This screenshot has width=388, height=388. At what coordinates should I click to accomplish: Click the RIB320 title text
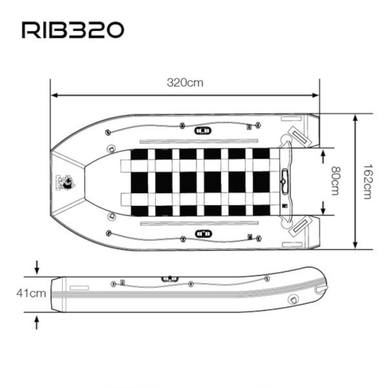click(73, 30)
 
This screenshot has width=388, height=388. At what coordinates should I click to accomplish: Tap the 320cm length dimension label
click(185, 82)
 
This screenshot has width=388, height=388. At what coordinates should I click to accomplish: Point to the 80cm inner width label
click(335, 181)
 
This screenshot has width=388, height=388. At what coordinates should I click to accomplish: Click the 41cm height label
click(31, 293)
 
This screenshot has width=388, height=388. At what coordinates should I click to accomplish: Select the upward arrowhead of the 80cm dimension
click(323, 154)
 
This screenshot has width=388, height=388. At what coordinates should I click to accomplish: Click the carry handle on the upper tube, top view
click(203, 130)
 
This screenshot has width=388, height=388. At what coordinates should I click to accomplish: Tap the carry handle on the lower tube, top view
click(203, 234)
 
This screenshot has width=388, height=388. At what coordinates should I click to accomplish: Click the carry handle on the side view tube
click(170, 278)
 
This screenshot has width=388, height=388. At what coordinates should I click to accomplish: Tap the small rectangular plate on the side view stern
click(79, 288)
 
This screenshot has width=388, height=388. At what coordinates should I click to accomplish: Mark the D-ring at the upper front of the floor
click(112, 148)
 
